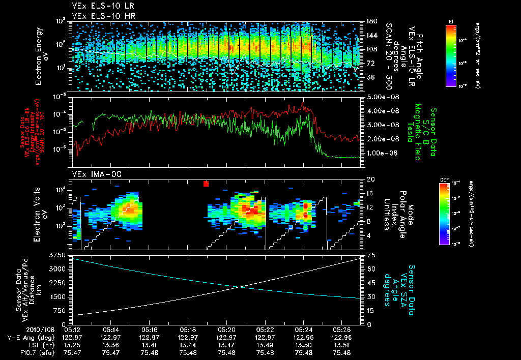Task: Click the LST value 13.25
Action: [x=73, y=345]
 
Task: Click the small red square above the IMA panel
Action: [x=206, y=184]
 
